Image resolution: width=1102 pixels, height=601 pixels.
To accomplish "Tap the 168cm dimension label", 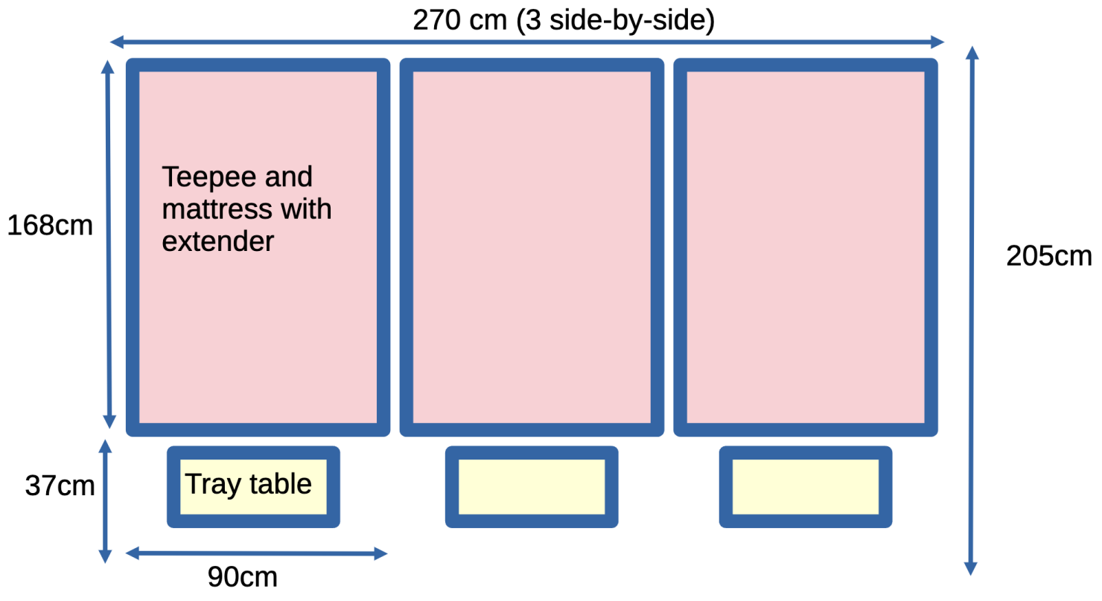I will pos(50,225).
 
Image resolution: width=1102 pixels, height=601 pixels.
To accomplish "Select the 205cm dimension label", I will pos(1048,256).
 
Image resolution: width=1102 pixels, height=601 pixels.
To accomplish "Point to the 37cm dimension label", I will pos(60,486).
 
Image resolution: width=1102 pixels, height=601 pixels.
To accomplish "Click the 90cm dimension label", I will pos(242,577).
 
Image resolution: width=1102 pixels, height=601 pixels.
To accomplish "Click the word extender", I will pos(218,241).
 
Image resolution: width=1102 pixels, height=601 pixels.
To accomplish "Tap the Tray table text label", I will pos(248,485).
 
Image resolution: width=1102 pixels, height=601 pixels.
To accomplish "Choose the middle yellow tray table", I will pos(531,486).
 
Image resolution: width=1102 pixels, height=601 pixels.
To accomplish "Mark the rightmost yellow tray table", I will pos(805,486).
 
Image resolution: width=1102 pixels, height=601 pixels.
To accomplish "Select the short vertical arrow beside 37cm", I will pos(106,501).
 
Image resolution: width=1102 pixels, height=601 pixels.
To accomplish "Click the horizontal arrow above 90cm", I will pos(257,553).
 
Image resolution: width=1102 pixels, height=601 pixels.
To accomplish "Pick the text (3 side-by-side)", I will pos(615,20).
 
